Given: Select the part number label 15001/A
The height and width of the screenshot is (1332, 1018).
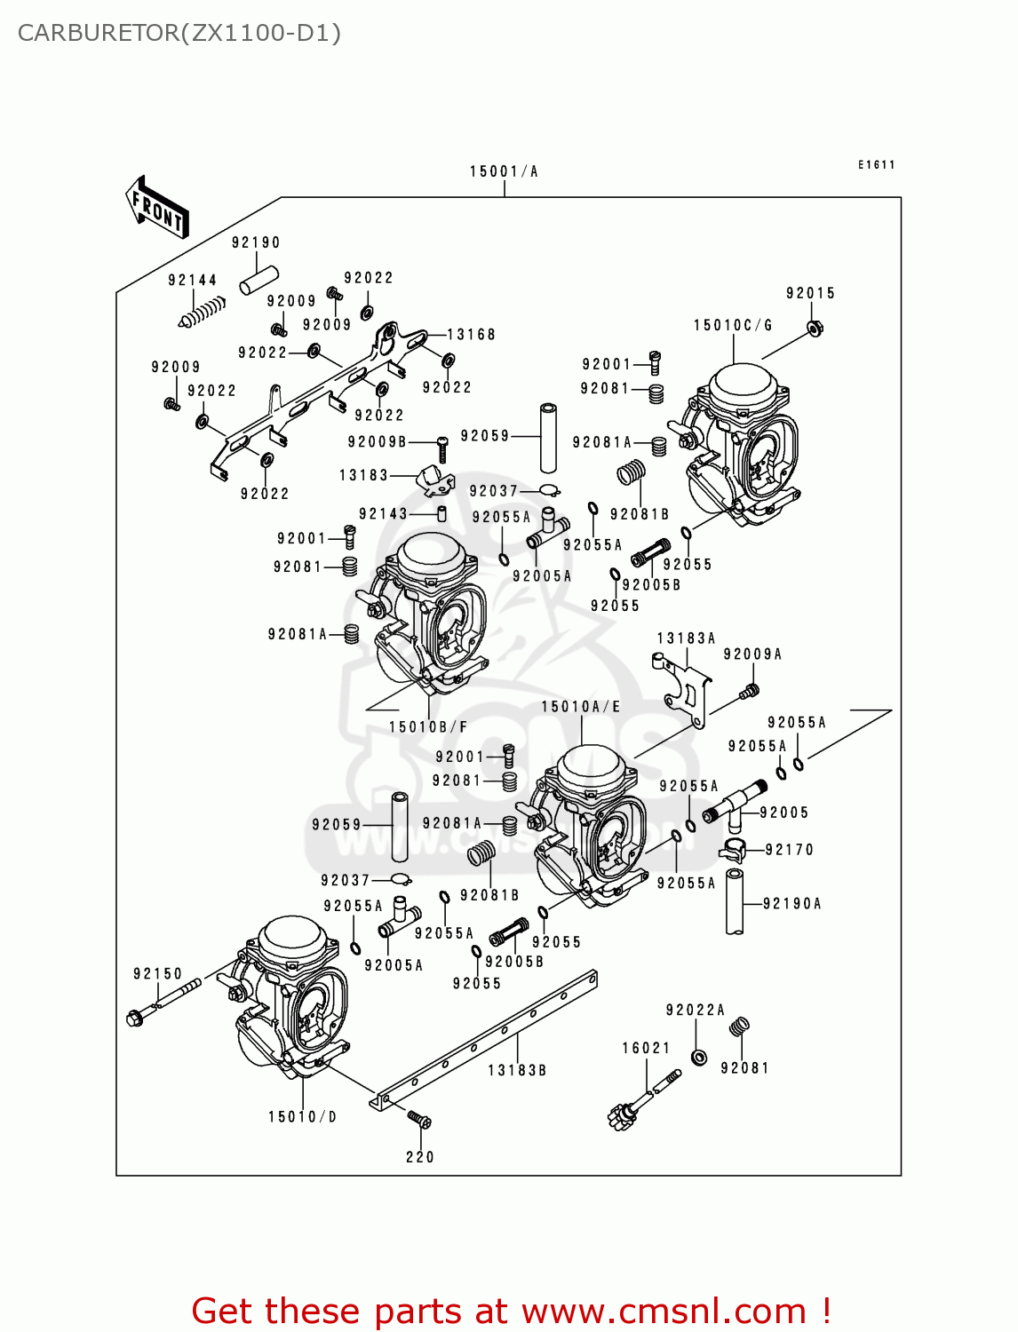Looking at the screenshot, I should (504, 171).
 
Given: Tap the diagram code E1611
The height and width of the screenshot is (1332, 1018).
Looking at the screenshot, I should (876, 165).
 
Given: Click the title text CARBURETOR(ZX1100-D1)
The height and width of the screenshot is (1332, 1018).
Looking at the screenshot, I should (179, 34).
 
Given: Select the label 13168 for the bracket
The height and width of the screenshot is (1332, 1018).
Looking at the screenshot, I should (471, 335).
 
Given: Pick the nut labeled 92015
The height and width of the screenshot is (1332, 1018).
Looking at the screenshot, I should (813, 329).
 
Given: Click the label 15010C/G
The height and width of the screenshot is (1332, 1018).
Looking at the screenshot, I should (733, 326).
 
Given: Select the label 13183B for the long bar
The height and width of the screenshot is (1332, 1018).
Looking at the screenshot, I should (517, 1071).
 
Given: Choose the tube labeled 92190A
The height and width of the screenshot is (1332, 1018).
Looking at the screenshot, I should (736, 902).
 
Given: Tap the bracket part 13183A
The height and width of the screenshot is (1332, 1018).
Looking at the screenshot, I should (686, 689).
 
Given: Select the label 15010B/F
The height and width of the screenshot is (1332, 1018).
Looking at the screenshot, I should (428, 727).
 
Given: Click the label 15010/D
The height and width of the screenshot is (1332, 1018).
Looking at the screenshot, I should (303, 1117).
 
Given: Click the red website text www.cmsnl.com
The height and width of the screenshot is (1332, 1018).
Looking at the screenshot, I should (663, 1311).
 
